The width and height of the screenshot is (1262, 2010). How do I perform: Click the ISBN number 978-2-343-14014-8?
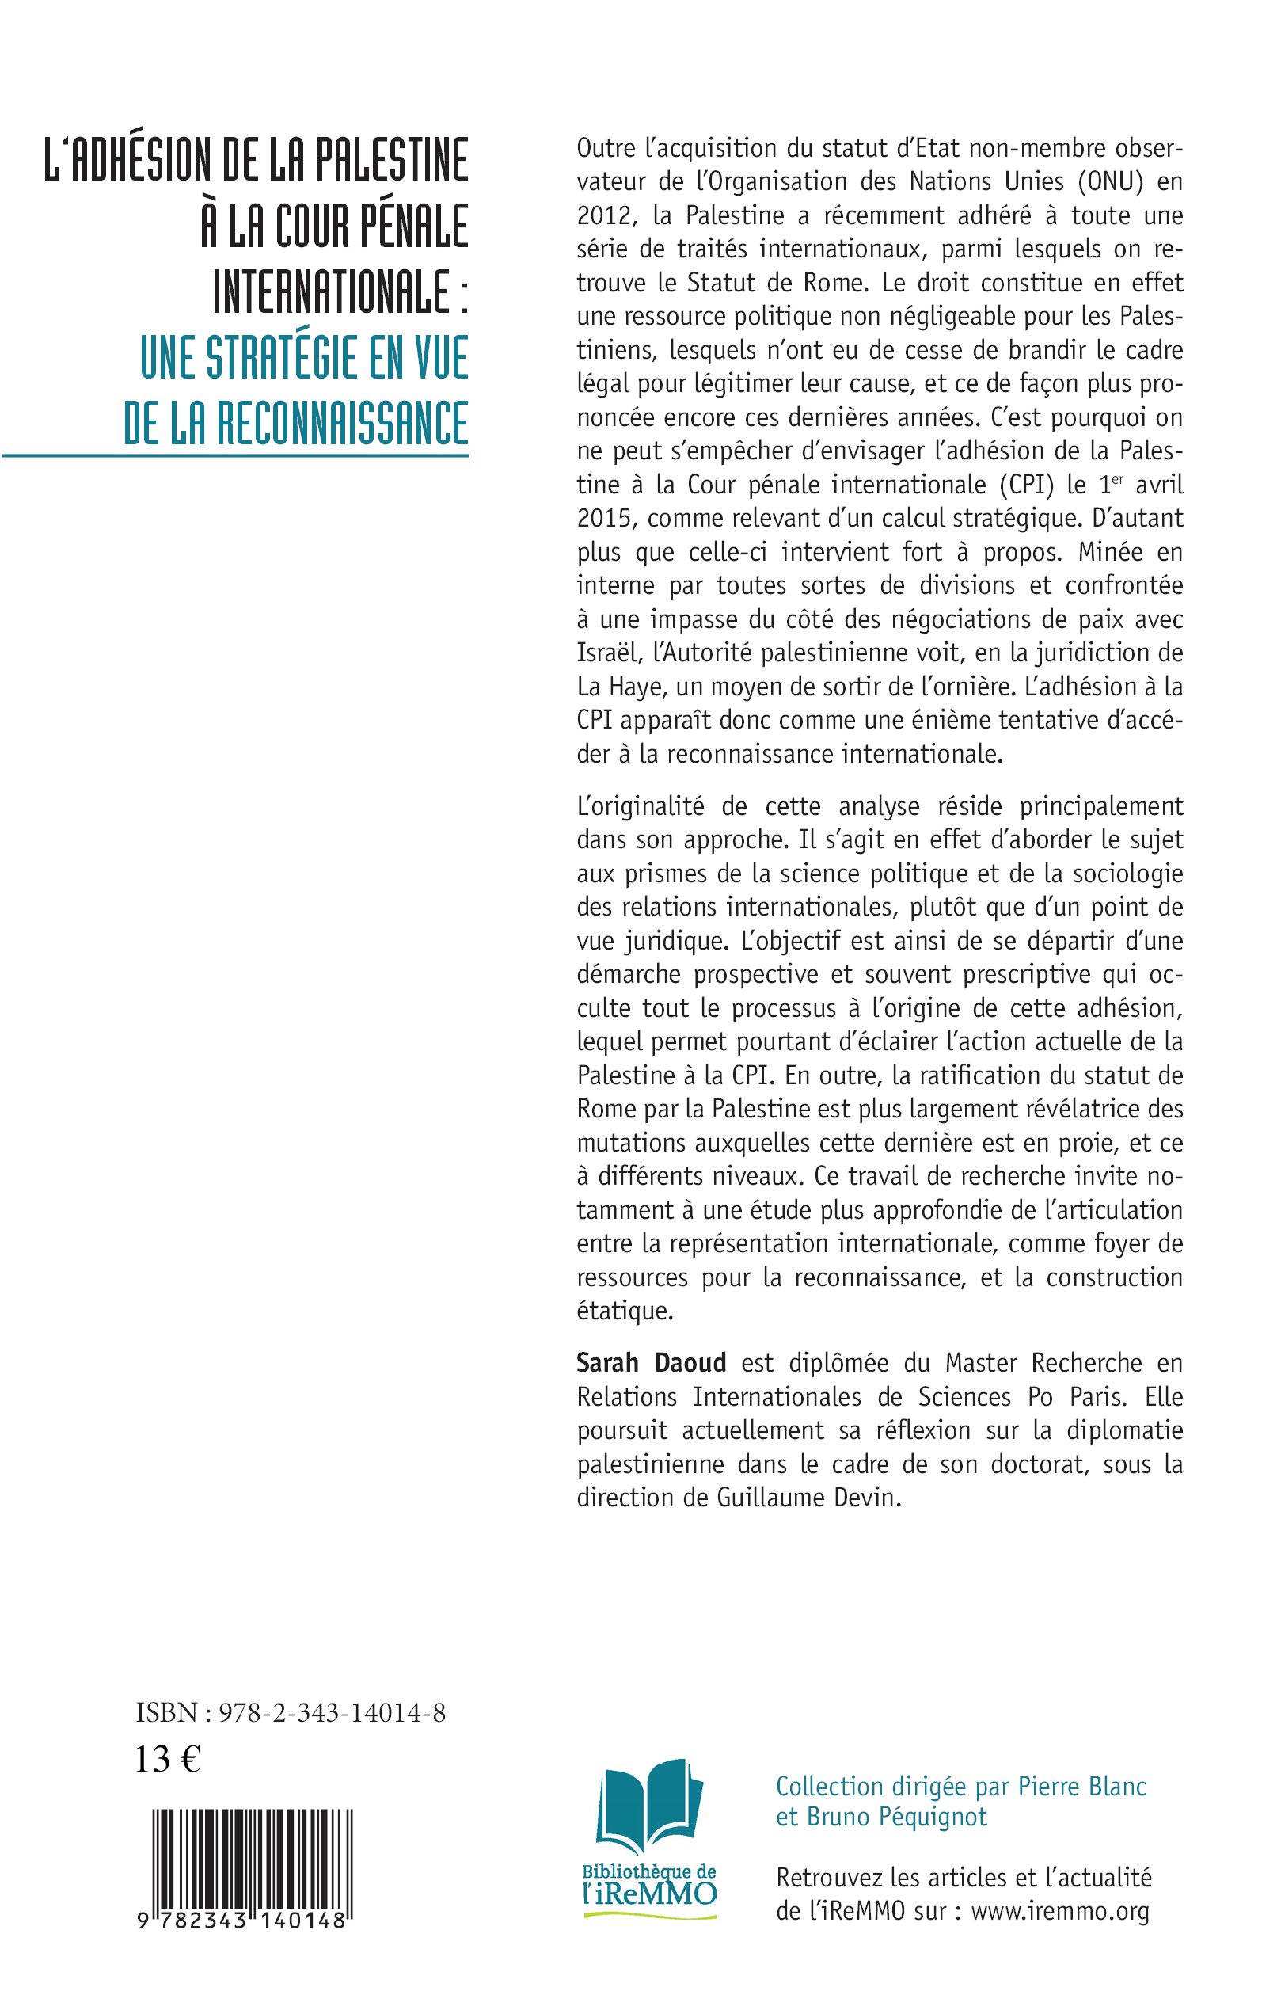coord(333,1713)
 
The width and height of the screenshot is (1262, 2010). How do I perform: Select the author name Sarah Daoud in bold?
coord(651,1362)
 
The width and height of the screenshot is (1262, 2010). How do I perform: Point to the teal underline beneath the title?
coord(235,455)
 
